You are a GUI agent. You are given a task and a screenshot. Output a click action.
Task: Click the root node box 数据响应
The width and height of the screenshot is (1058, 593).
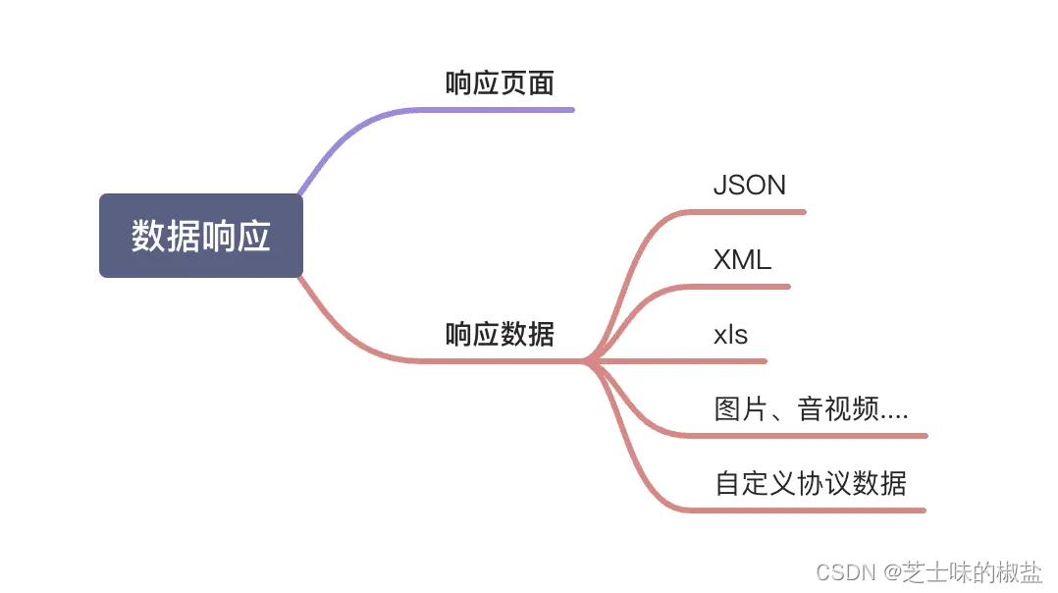point(201,236)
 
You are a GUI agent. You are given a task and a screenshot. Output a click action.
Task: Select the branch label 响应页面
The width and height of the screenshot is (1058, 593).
point(500,83)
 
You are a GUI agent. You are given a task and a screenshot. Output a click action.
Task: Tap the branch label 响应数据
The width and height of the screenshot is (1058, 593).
point(500,335)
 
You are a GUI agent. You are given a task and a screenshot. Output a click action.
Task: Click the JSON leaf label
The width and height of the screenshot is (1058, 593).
point(749,186)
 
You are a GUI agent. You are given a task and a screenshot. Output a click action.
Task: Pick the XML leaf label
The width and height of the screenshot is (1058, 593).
point(742,260)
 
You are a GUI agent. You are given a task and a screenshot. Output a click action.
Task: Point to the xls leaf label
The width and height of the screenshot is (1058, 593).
point(730,335)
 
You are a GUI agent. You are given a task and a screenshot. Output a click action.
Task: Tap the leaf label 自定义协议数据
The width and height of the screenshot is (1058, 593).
point(811,484)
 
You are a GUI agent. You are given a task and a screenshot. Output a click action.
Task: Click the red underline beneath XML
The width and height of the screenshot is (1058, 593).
point(746,287)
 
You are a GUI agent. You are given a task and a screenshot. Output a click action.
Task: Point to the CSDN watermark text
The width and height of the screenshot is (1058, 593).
point(845,571)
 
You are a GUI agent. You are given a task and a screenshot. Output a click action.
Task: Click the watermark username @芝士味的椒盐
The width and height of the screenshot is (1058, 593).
point(963,571)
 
